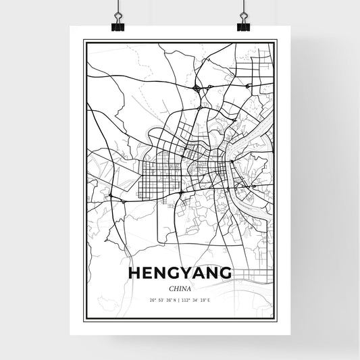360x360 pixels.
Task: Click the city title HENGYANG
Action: click(x=179, y=274)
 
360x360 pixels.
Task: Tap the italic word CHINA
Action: click(x=179, y=287)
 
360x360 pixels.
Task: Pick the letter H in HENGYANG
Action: click(x=132, y=274)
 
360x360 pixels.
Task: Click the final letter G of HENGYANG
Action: click(x=225, y=274)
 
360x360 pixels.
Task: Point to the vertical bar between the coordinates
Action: click(x=180, y=300)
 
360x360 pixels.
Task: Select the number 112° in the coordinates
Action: click(x=189, y=300)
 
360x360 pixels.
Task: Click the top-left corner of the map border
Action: click(x=84, y=41)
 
